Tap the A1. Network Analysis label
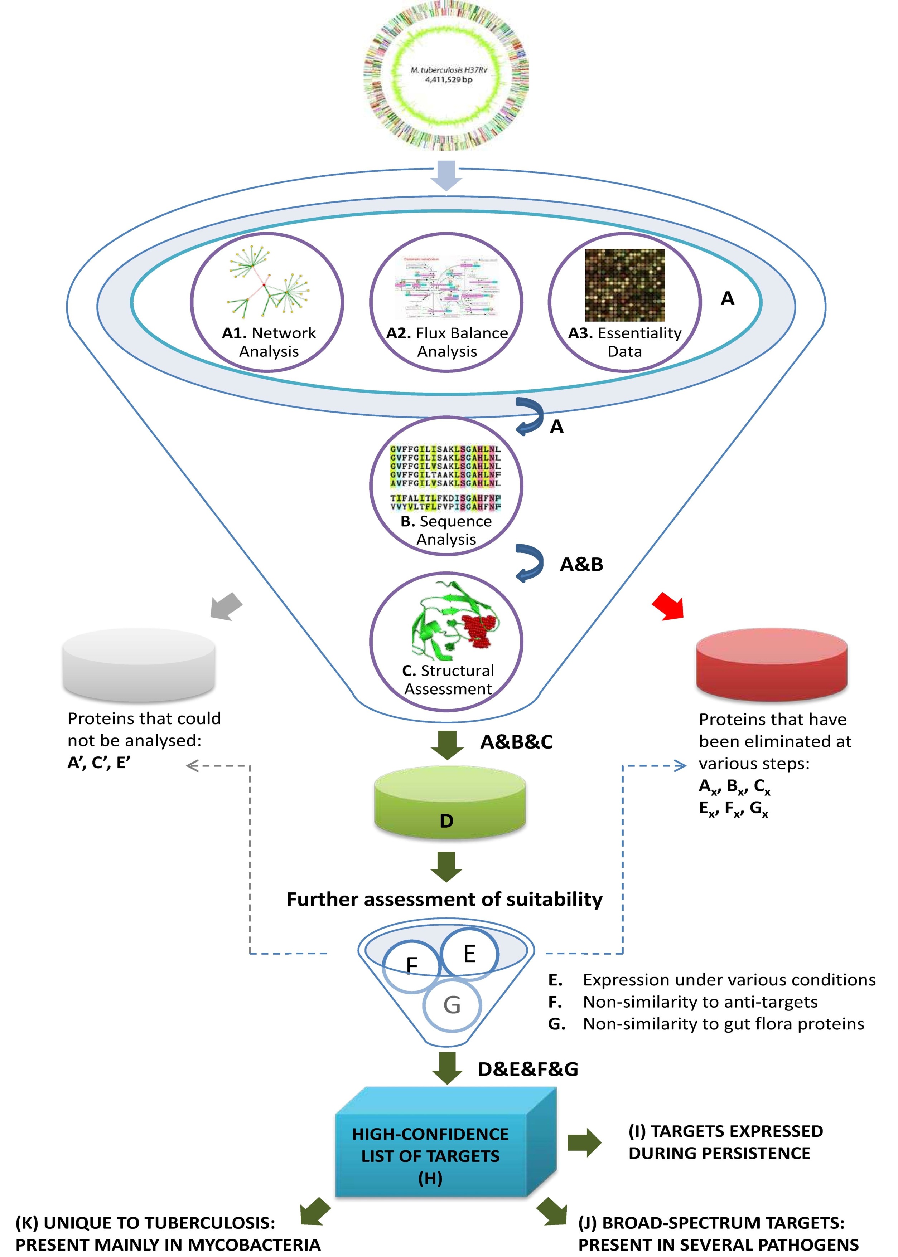[269, 342]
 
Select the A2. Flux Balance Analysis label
[447, 342]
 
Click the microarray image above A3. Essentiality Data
[625, 285]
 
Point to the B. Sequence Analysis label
[446, 530]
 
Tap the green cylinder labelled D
[450, 808]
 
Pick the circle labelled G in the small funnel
[452, 1004]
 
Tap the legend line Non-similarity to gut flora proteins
[723, 1024]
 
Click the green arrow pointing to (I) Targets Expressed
[584, 1142]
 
